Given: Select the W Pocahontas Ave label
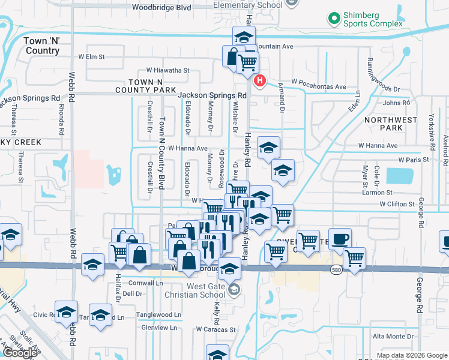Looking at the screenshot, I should [x=319, y=86].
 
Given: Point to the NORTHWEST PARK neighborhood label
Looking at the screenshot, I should [x=391, y=124].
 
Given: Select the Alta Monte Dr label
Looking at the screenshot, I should [x=394, y=337].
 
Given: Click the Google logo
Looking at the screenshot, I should [x=20, y=353].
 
